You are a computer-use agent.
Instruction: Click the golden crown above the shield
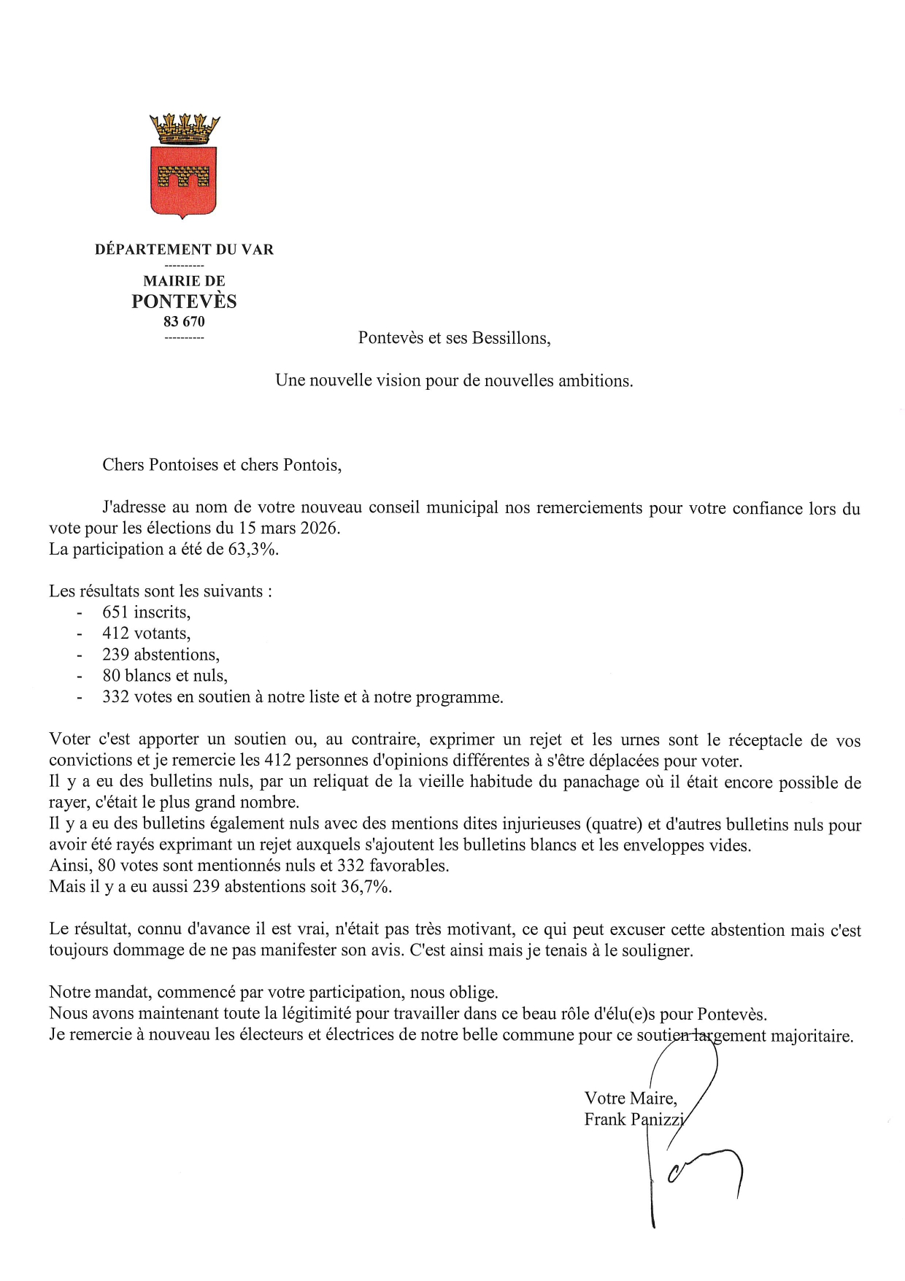pos(184,128)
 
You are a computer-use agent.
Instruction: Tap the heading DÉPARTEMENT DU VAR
pos(184,250)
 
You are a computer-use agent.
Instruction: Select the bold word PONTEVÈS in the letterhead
pos(184,301)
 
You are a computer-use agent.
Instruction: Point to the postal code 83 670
pos(184,321)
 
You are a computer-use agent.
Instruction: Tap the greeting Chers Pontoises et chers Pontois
pos(222,465)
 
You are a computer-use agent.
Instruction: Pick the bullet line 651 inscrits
pos(146,612)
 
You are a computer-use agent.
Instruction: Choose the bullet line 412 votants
pos(146,634)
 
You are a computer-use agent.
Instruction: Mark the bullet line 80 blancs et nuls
pos(164,676)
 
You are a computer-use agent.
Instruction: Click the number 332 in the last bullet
pos(115,697)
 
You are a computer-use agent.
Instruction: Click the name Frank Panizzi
pos(633,1119)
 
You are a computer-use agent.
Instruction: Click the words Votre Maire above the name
pos(631,1098)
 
